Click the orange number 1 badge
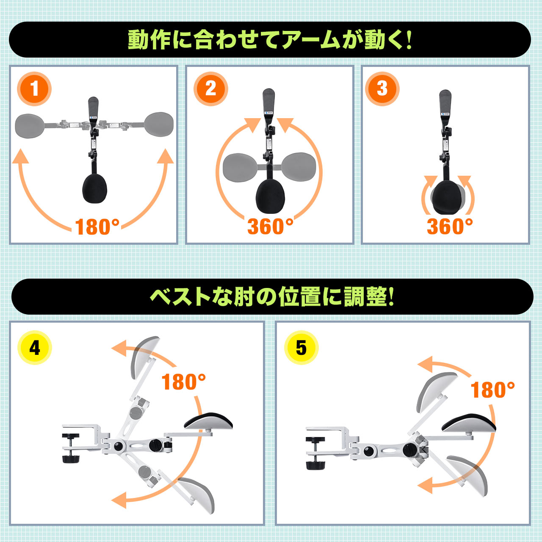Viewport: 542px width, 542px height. [34, 89]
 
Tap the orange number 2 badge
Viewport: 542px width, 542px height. [211, 89]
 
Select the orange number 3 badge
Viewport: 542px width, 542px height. [382, 89]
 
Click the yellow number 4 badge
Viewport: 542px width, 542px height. [35, 348]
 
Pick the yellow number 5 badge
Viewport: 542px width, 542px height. [301, 348]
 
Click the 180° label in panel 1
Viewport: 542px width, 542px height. [97, 227]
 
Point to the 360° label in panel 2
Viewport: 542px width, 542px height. [270, 227]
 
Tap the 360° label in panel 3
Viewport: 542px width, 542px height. [450, 227]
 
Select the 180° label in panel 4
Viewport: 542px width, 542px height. [184, 382]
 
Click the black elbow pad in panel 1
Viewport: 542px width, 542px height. [95, 188]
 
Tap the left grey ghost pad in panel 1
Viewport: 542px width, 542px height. [30, 126]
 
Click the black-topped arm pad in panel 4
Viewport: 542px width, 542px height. [208, 425]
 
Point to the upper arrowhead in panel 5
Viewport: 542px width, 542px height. [425, 364]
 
